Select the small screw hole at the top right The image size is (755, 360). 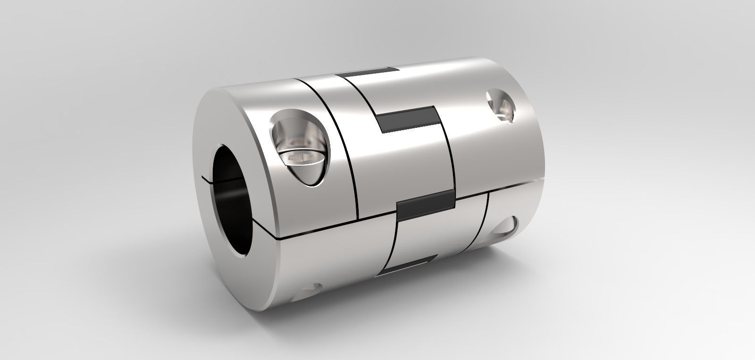pyautogui.click(x=500, y=106)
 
